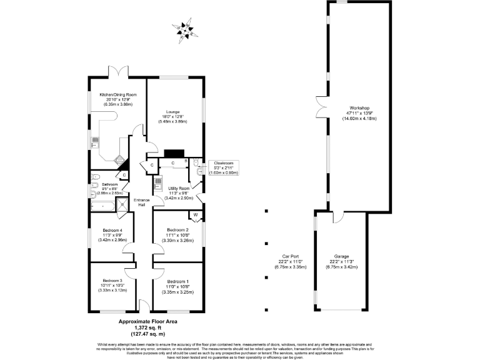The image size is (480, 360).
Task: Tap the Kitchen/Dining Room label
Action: tap(118, 95)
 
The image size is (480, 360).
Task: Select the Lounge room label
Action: tap(172, 112)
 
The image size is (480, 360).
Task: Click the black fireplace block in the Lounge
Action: tap(174, 152)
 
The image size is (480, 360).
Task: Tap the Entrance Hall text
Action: tap(142, 202)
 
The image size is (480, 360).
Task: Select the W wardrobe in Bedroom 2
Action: tap(196, 216)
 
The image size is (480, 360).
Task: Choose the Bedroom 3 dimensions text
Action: tap(112, 289)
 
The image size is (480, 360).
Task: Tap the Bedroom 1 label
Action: tap(178, 282)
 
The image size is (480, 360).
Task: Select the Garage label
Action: tap(341, 256)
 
